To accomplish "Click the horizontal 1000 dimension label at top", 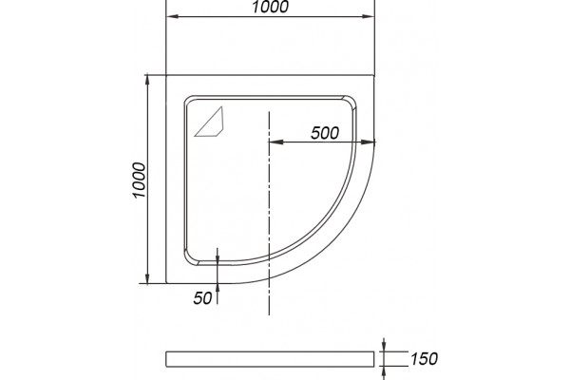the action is pyautogui.click(x=270, y=7).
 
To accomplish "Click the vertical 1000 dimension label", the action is pyautogui.click(x=140, y=180).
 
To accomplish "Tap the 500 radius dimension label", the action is pyautogui.click(x=325, y=133).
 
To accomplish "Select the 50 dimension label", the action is pyautogui.click(x=202, y=298).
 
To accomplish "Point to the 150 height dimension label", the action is pyautogui.click(x=424, y=359).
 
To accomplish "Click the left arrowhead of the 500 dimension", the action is pyautogui.click(x=276, y=142).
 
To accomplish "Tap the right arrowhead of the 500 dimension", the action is pyautogui.click(x=367, y=142).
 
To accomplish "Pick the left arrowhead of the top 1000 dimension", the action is pyautogui.click(x=173, y=16).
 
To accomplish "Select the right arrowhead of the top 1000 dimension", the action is pyautogui.click(x=368, y=16).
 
